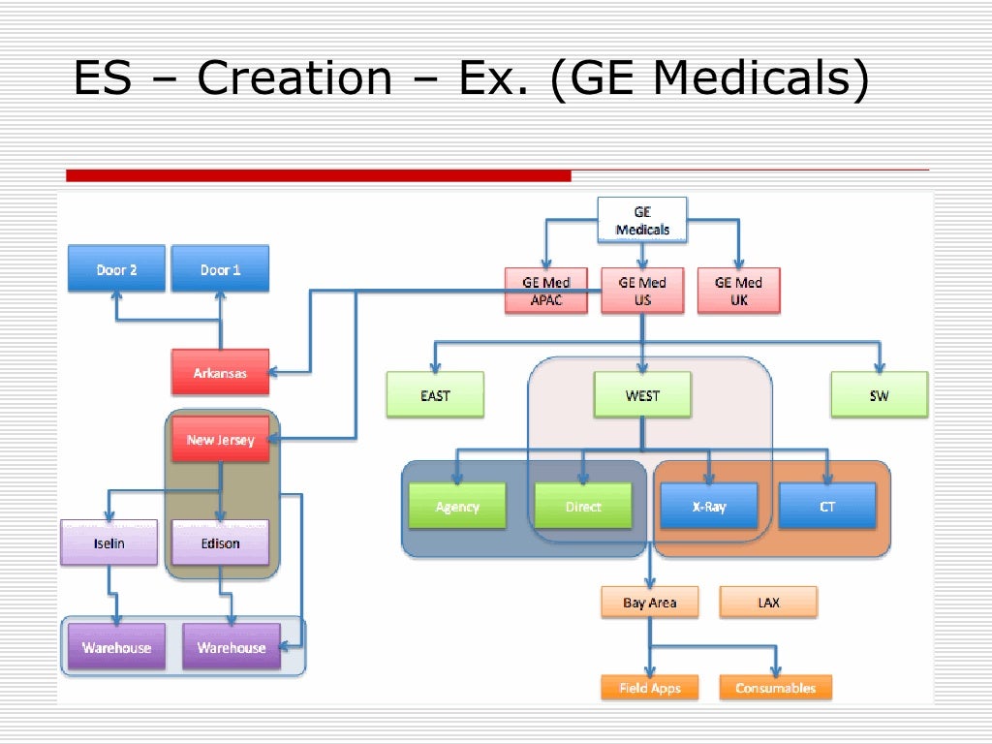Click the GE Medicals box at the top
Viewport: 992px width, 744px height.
point(641,220)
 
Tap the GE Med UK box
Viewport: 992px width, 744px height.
point(738,291)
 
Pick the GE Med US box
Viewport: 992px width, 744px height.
point(641,291)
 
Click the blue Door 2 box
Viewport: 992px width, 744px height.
point(116,269)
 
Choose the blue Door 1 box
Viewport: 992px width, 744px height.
point(220,269)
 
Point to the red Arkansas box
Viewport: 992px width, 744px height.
point(220,373)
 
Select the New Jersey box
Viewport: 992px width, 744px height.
point(220,440)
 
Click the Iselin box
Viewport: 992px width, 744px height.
point(108,543)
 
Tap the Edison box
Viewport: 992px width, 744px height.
point(220,543)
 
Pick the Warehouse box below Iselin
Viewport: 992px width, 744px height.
point(116,647)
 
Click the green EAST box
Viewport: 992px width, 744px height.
point(435,395)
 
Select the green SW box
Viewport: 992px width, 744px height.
point(879,395)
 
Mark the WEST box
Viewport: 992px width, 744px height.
point(641,395)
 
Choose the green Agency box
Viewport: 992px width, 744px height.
point(456,507)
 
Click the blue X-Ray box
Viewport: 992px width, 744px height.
point(708,507)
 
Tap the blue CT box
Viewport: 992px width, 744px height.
point(826,507)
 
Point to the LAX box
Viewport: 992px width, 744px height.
point(768,603)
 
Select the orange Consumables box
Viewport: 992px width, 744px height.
point(775,688)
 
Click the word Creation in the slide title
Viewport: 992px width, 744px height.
point(294,78)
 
